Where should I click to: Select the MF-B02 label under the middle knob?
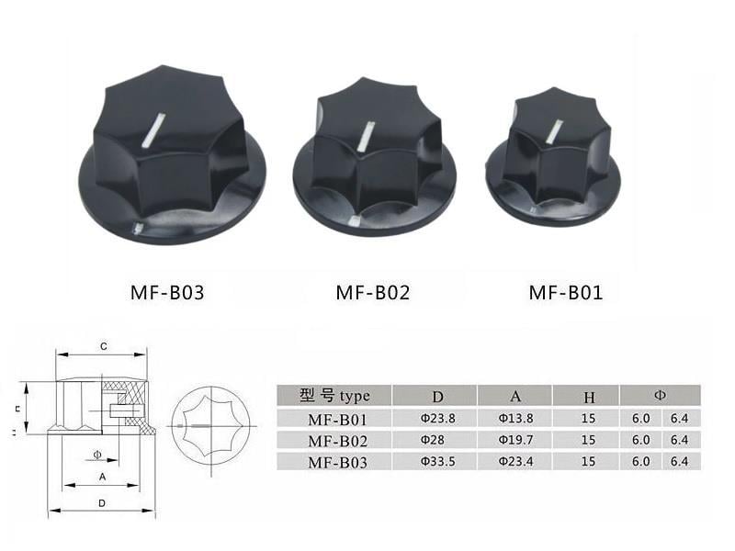pos(372,294)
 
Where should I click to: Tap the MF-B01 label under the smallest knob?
pos(565,294)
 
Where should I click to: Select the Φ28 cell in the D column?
pos(433,440)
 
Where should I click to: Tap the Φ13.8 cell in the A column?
pos(513,418)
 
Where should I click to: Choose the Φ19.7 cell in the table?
pos(513,440)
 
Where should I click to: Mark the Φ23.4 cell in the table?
pos(513,462)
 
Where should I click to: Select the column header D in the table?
pos(437,396)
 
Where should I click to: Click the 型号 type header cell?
pos(334,396)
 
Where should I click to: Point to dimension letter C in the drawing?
pos(104,346)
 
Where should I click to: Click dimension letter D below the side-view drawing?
pos(101,502)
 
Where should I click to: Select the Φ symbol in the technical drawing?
pos(97,454)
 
